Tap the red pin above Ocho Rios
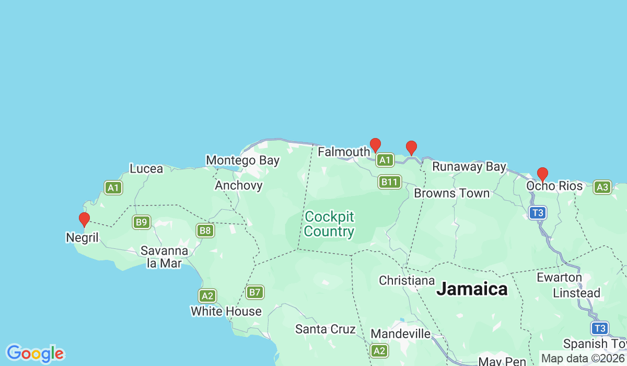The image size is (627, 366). point(542,174)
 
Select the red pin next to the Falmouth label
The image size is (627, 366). point(375,145)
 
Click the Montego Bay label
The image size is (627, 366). point(242,160)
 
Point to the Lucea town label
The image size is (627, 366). point(146,169)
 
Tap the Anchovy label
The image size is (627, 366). point(239,185)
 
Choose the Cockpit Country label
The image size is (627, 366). point(329,224)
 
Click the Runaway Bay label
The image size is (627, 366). point(469,167)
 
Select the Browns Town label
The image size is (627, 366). point(451,193)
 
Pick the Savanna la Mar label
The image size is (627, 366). point(164,257)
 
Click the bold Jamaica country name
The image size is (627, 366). point(472,289)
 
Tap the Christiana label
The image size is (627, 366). point(407,281)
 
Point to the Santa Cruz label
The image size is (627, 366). point(325,329)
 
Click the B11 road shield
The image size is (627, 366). point(389,182)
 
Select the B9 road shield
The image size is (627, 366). point(141,222)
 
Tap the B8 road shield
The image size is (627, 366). point(205,231)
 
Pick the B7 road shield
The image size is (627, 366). point(254,292)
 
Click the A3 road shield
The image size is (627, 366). point(602,187)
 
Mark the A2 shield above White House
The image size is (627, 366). point(207,296)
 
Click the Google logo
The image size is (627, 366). point(35,353)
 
